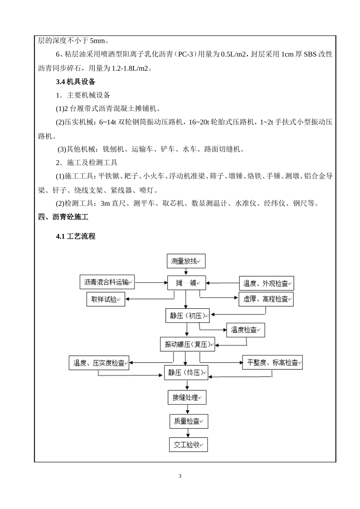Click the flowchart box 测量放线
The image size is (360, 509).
point(186,261)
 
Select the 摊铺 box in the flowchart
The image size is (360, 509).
point(186,283)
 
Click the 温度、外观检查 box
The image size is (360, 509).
point(266,283)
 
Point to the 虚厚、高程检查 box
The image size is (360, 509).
point(266,299)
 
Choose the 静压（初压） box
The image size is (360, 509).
point(187,315)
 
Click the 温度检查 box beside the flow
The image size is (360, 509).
point(245,330)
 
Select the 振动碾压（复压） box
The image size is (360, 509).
point(187,344)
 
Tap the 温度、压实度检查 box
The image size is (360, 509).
point(99,363)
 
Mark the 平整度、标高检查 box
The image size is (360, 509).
point(272,363)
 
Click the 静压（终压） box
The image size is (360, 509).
point(186,372)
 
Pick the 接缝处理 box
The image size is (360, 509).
point(187,397)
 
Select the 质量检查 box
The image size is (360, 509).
point(188,421)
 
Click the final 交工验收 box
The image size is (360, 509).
point(188,445)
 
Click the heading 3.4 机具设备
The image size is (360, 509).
point(75,81)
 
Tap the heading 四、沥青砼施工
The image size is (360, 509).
point(63,217)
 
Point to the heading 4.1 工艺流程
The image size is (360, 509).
point(75,236)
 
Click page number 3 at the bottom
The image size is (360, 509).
point(180,476)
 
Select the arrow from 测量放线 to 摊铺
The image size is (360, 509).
point(186,272)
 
